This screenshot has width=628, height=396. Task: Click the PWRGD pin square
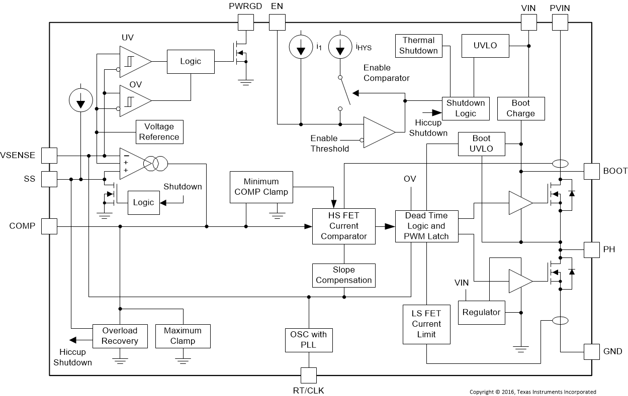(x=245, y=22)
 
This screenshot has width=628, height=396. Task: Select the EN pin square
(x=277, y=22)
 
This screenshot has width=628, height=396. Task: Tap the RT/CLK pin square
(x=308, y=375)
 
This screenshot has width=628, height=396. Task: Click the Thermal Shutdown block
(x=419, y=45)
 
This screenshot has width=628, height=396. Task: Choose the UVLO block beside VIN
(x=485, y=46)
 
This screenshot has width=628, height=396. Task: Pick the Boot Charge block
(x=520, y=108)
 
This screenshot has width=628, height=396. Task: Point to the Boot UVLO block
(x=481, y=144)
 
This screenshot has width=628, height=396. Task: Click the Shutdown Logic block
(x=466, y=108)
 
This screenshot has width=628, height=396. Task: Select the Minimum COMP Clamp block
(x=261, y=187)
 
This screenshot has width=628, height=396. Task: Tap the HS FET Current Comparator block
(x=344, y=226)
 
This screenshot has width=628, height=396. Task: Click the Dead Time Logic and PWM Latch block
(x=426, y=226)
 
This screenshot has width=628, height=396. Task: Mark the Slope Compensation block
(x=344, y=275)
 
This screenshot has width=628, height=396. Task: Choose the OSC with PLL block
(x=308, y=340)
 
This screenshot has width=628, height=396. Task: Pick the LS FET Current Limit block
(x=426, y=324)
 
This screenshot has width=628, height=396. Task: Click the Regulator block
(x=481, y=312)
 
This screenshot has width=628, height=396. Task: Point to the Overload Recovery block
(x=120, y=336)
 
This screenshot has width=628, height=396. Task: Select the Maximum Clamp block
(x=183, y=336)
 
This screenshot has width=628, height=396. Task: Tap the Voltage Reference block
(x=159, y=132)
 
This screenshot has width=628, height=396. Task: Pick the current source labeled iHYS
(x=340, y=47)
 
